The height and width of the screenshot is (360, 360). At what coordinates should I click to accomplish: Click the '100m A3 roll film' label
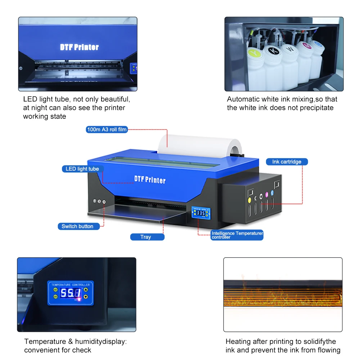coord(107,130)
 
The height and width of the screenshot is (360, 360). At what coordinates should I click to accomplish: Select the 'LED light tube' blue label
coord(82,169)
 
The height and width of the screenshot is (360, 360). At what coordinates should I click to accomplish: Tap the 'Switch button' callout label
coord(77,226)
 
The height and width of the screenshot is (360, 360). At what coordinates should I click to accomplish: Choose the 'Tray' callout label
coord(146,237)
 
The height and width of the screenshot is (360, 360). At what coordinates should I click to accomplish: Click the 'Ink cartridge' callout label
coord(287,162)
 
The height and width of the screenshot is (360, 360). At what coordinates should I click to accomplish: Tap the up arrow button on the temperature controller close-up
coord(86,289)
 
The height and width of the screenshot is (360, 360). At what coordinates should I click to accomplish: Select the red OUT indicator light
coord(79,300)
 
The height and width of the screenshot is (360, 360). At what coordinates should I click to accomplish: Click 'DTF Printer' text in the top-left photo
coord(79,47)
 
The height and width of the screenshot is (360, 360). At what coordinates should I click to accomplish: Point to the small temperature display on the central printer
coord(201,213)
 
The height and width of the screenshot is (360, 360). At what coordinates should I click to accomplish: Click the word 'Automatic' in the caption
coord(243,99)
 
